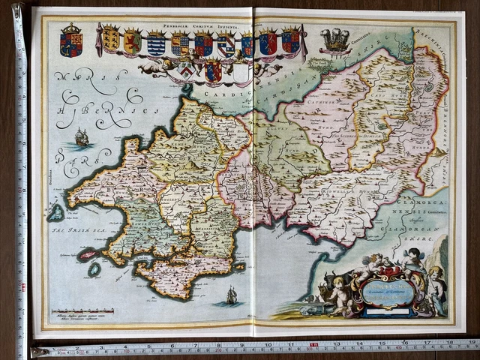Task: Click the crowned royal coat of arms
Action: tap(72, 40)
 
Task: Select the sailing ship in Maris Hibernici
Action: tap(81, 137)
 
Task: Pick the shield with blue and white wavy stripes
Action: tap(155, 45)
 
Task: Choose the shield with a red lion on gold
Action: tap(133, 42)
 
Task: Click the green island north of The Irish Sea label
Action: tap(55, 213)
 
